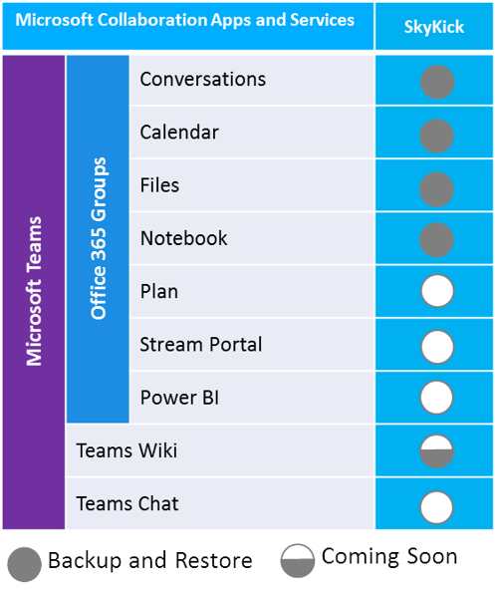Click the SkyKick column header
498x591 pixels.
[433, 27]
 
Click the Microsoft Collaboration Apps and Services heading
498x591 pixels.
[184, 20]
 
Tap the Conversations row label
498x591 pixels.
[202, 79]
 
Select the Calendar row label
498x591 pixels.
[179, 133]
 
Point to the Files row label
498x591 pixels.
[159, 185]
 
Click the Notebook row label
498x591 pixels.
[183, 238]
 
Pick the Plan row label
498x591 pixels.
[158, 291]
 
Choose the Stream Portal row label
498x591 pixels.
[201, 345]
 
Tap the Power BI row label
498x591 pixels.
[179, 398]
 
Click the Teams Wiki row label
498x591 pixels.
[126, 450]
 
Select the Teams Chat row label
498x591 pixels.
[127, 503]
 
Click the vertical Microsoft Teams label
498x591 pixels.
[34, 291]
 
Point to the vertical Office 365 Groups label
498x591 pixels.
[99, 238]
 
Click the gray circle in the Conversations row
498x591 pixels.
[437, 82]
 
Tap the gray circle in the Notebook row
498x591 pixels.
[436, 240]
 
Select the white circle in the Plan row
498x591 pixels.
[437, 291]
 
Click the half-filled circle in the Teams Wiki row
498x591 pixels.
[436, 451]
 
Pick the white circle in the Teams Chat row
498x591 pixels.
[436, 507]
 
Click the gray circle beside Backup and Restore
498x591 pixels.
[24, 564]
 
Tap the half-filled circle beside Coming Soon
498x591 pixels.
[298, 560]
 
